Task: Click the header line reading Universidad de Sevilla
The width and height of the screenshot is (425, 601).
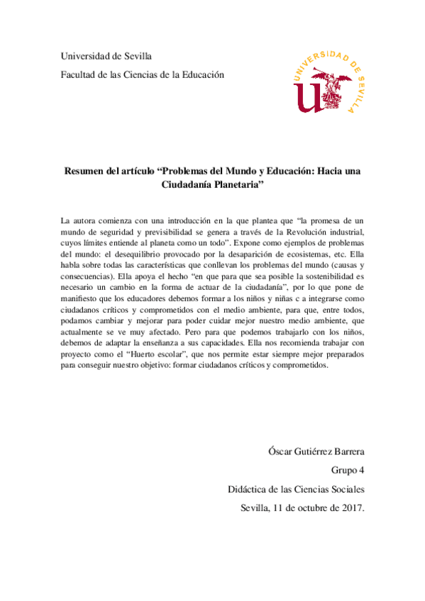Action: click(x=106, y=56)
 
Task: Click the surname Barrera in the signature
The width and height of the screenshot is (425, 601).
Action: click(x=346, y=451)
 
